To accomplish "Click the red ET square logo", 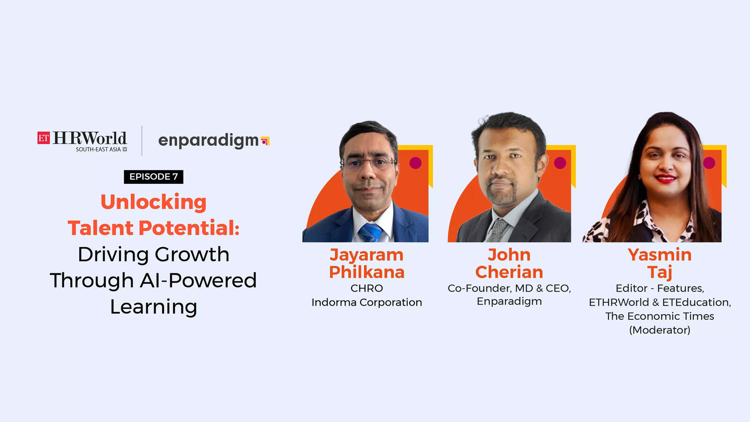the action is point(44,138).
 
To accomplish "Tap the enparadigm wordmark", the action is point(208,141).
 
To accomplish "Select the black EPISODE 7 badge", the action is point(154,176).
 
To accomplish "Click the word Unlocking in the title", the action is point(154,202).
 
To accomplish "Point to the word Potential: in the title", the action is point(189,228).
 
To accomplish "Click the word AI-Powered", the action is point(198,280).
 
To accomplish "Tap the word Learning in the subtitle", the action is point(154,307).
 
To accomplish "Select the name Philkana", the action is point(367,272).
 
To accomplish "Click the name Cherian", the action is point(509,272).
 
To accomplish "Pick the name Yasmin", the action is point(660,255).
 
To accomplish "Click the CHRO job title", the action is point(367,288).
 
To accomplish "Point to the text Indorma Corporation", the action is point(367,302).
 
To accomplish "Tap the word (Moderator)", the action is point(660,330).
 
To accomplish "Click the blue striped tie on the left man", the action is point(371,233).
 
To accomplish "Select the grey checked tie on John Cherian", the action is point(497,230).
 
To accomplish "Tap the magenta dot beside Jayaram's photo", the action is point(415,163).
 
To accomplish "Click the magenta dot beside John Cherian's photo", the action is point(560,163).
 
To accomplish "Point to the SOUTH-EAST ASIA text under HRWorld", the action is point(98,150).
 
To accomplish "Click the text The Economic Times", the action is point(660,316).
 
